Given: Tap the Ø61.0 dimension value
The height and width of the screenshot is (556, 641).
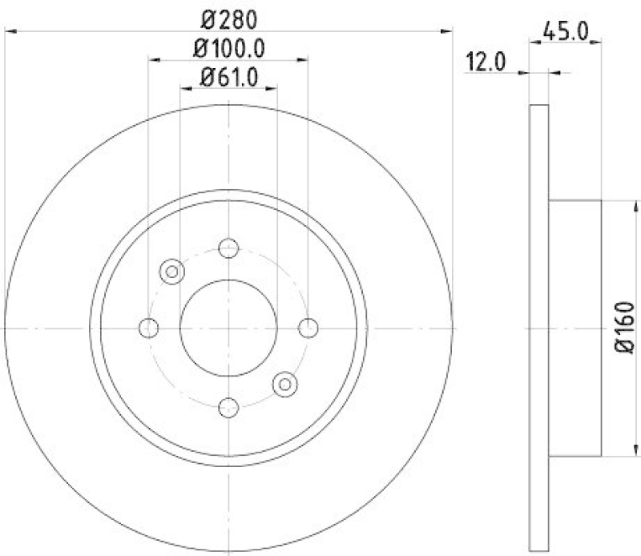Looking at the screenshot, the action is pos(228,78).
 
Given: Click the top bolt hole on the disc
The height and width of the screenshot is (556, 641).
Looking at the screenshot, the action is pos(228,248).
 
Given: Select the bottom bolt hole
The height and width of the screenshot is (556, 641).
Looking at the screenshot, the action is pos(228,407).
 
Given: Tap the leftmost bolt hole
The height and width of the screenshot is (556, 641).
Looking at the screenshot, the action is pos(148,327).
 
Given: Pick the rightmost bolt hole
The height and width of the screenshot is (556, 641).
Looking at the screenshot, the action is pos(308,327).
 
